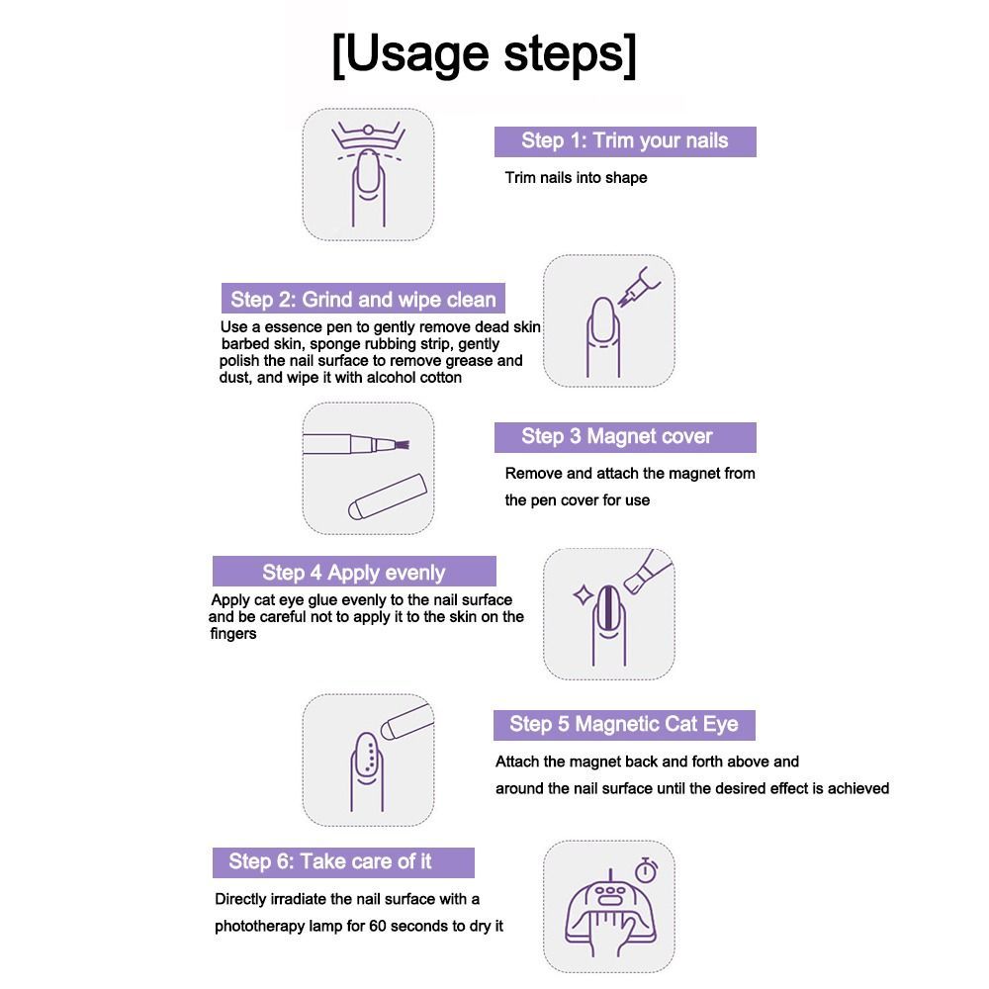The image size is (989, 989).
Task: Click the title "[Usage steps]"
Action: click(484, 55)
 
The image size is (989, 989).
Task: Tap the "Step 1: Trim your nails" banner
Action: click(625, 141)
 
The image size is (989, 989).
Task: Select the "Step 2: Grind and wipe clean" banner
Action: click(363, 299)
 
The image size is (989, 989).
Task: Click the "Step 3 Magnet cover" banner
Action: click(625, 437)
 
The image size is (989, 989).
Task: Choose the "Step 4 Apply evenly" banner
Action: click(354, 572)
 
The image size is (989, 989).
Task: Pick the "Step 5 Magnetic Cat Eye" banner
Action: click(624, 725)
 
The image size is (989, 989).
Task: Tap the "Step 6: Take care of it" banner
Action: click(343, 862)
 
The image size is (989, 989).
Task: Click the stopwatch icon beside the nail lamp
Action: click(647, 870)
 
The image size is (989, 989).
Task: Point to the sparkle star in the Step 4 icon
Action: click(583, 594)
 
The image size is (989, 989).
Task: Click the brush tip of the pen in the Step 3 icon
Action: click(402, 445)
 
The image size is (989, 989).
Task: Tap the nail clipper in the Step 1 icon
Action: click(368, 136)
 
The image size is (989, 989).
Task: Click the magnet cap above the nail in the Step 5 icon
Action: click(406, 721)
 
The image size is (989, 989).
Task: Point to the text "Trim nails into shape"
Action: click(576, 178)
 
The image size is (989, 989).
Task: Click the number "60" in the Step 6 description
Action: click(377, 926)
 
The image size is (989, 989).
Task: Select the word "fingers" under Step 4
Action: click(233, 634)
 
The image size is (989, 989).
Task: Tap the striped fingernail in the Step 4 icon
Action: click(608, 608)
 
